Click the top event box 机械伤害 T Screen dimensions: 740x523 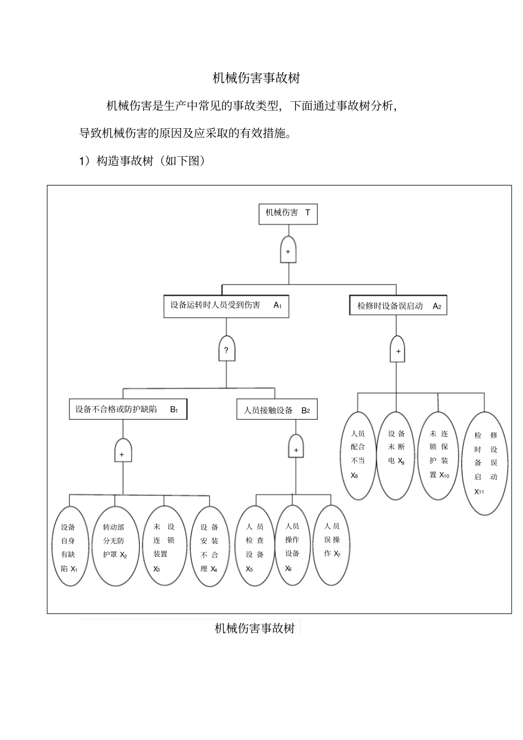click(x=288, y=213)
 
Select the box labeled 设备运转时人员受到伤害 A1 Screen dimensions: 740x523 click(x=226, y=306)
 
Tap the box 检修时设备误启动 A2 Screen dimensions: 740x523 click(x=398, y=306)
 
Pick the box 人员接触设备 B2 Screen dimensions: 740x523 click(x=277, y=410)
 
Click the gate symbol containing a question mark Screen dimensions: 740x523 click(x=226, y=349)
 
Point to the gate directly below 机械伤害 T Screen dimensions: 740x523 click(x=288, y=250)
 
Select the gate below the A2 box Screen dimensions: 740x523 click(x=398, y=350)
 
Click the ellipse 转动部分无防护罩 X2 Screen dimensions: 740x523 click(x=115, y=546)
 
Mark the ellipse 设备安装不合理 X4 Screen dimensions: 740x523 click(x=209, y=546)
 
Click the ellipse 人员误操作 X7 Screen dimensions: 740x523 click(x=332, y=545)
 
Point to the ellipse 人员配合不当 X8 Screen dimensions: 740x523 click(x=358, y=455)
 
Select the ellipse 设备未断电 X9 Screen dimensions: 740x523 click(x=396, y=455)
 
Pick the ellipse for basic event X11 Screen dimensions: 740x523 click(x=485, y=463)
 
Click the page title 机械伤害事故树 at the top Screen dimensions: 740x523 click(x=256, y=78)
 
